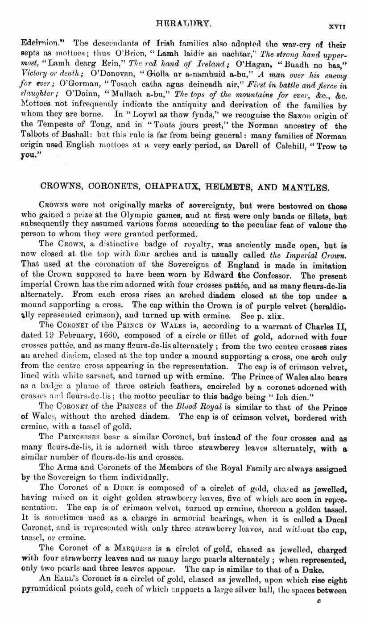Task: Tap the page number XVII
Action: tap(338, 27)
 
